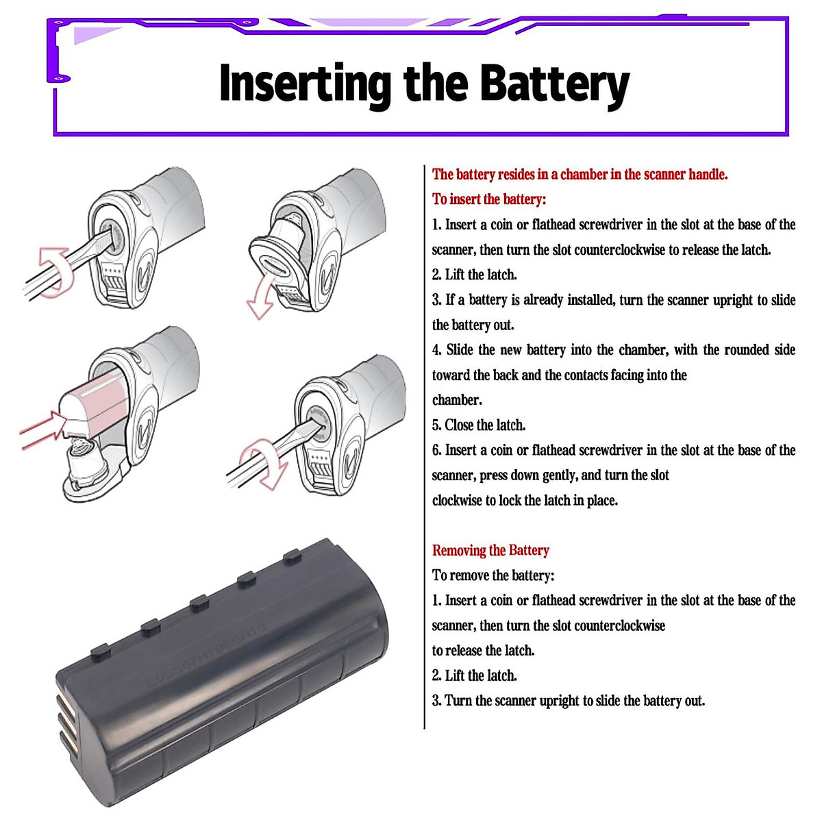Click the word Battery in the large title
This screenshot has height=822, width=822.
(x=553, y=84)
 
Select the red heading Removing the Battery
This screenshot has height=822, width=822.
(x=490, y=550)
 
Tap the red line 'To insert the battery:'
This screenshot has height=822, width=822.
(x=488, y=199)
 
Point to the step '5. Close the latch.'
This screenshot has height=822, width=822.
(x=479, y=425)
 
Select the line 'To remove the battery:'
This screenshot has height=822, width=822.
(x=493, y=575)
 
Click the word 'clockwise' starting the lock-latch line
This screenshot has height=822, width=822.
(x=457, y=500)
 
